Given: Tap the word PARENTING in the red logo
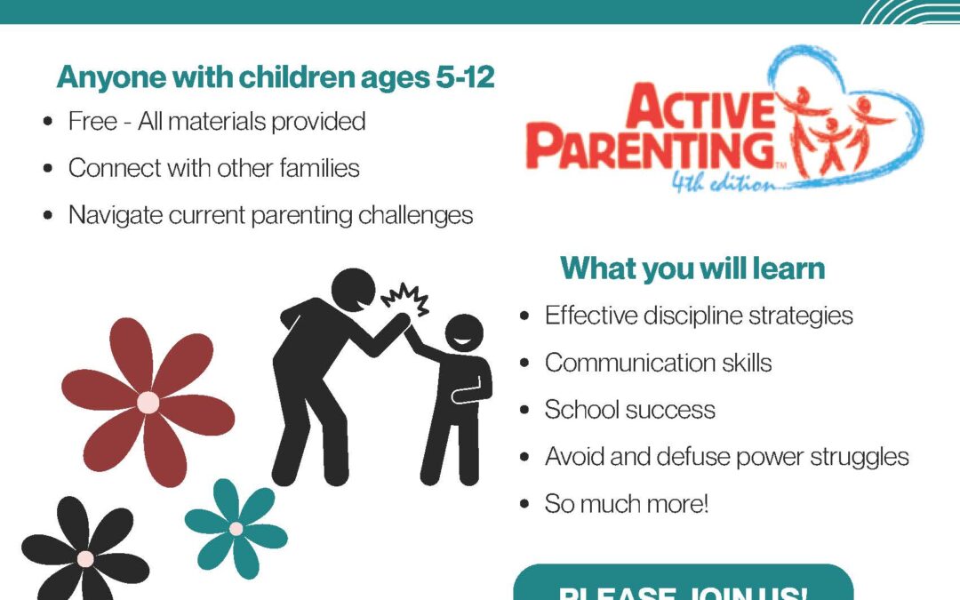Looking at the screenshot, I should click(x=650, y=149).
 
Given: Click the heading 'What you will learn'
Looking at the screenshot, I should click(x=692, y=268).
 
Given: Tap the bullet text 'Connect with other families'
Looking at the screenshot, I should click(x=214, y=168).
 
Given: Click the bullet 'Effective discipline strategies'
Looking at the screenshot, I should click(x=699, y=315).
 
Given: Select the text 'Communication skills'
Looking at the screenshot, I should click(x=658, y=363).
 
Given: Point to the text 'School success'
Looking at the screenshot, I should click(x=629, y=410).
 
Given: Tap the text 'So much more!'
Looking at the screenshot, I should click(x=627, y=504).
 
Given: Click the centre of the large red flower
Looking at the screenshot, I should click(x=148, y=403).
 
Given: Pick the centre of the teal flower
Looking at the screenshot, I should click(x=236, y=529).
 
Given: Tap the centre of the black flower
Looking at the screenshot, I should click(x=85, y=559).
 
